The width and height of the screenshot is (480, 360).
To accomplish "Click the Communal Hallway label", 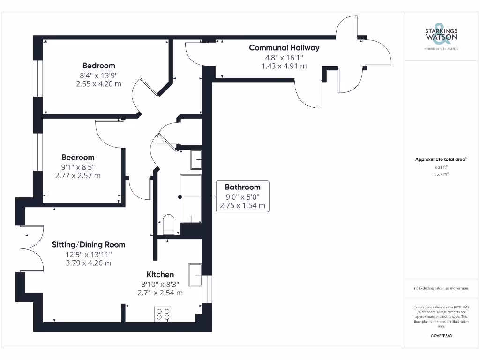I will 284,47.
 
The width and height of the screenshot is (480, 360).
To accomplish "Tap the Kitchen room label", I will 160,274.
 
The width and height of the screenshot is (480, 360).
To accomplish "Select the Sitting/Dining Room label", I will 89,244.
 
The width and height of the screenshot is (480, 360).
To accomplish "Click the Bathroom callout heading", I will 242,187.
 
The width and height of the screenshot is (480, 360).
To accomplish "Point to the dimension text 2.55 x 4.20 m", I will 98,84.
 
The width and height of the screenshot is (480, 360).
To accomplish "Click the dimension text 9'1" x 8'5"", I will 78,166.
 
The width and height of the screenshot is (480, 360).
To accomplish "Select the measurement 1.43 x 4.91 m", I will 284,66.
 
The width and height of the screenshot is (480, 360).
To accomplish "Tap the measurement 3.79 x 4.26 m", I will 89,263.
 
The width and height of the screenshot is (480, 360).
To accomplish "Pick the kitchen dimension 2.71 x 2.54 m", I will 160,292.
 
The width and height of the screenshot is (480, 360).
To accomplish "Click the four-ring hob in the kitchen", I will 163,314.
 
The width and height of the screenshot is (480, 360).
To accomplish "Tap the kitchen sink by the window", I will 195,275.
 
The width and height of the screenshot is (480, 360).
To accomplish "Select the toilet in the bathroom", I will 168,224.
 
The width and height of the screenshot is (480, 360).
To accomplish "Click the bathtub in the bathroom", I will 191,199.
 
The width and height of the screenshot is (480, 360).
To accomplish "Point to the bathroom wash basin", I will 196,159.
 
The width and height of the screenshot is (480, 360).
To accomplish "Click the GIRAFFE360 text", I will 441,336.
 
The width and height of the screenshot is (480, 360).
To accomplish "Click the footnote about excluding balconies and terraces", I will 441,288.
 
